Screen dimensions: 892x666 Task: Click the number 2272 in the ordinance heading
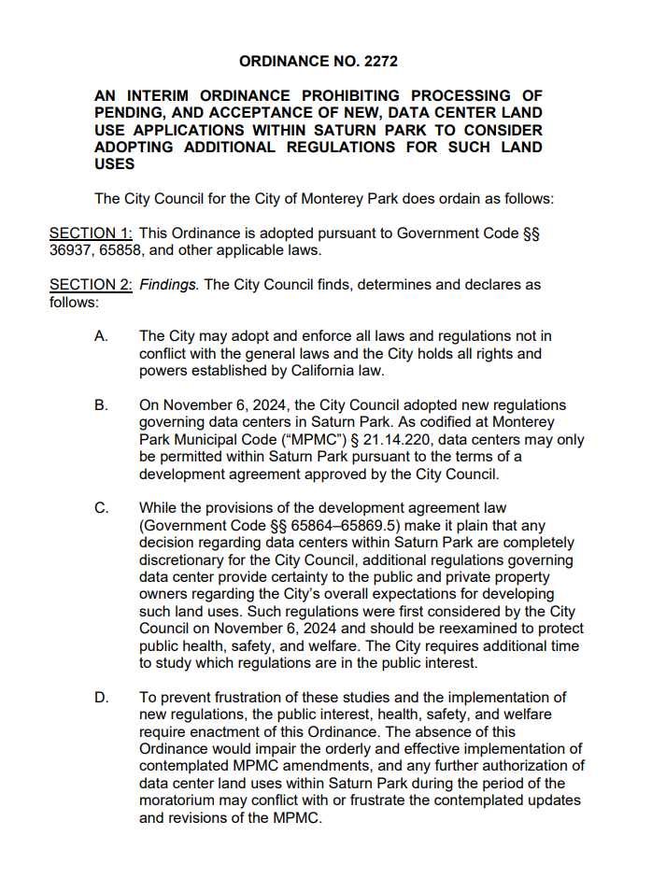[379, 61]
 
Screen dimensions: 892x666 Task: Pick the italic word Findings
[169, 284]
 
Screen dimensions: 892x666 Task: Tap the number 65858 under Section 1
[119, 250]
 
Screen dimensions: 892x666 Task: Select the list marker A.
[101, 336]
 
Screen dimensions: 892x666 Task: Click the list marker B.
[101, 405]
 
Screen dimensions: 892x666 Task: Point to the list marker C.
[101, 509]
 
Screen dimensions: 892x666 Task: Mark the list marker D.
[101, 698]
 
